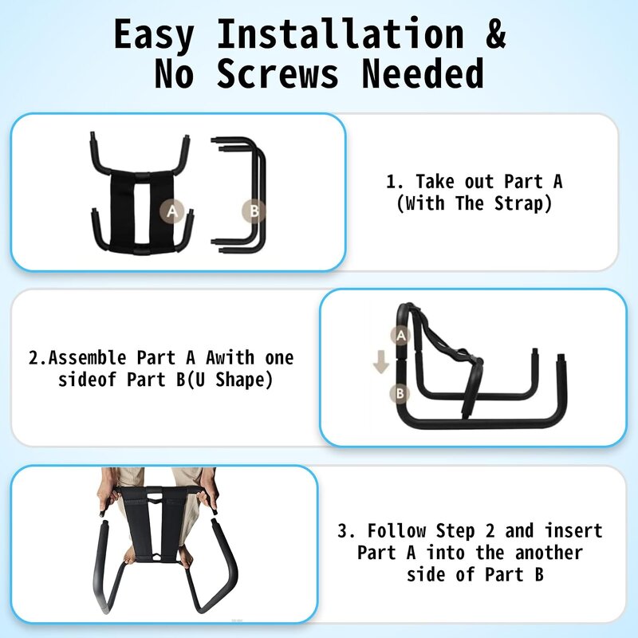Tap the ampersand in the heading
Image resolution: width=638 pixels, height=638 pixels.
(x=495, y=35)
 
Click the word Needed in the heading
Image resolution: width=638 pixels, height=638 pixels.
(x=423, y=73)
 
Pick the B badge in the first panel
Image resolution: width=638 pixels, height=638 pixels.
(x=254, y=211)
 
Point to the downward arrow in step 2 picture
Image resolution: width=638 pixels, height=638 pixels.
(x=381, y=364)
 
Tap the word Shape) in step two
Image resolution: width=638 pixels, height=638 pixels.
(x=246, y=380)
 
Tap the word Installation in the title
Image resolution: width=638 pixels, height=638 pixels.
(x=340, y=35)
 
